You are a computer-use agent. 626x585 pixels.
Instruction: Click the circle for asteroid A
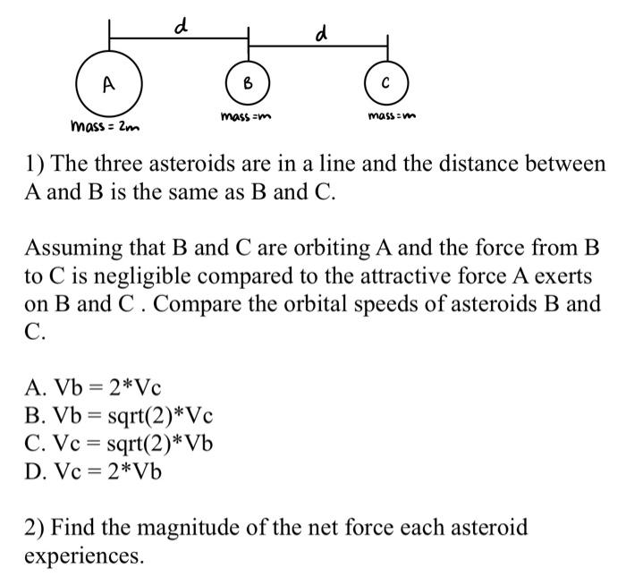pyautogui.click(x=108, y=85)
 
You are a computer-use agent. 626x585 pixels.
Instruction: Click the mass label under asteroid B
pyautogui.click(x=246, y=117)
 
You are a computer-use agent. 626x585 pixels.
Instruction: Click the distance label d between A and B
pyautogui.click(x=180, y=26)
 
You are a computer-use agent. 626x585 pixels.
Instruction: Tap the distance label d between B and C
pyautogui.click(x=320, y=35)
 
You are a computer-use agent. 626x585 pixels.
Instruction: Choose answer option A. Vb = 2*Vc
pyautogui.click(x=93, y=387)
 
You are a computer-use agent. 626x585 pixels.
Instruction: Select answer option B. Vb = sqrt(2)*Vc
pyautogui.click(x=119, y=415)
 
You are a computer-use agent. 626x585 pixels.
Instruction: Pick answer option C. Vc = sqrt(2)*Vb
pyautogui.click(x=119, y=443)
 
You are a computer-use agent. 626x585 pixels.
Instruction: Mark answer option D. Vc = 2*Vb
pyautogui.click(x=93, y=471)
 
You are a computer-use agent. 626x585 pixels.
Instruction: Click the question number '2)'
pyautogui.click(x=36, y=527)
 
